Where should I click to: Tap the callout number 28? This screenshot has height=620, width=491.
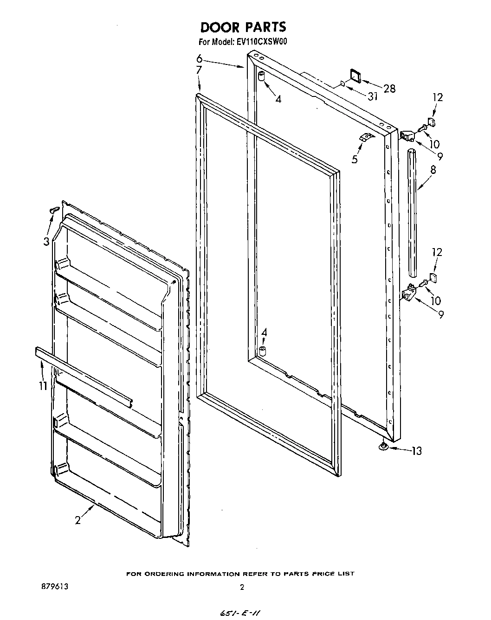(389, 88)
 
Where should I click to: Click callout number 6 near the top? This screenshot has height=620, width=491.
(199, 58)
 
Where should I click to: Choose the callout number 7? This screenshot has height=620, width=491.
(199, 70)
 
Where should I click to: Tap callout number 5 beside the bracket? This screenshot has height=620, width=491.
(355, 159)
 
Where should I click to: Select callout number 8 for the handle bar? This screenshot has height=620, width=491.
(433, 170)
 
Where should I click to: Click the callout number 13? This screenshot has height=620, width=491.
(416, 450)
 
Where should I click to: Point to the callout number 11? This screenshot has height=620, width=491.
(43, 385)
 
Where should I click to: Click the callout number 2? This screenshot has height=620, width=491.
(78, 520)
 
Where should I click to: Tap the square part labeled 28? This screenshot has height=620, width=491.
(356, 75)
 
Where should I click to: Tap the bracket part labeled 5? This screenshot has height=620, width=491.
(366, 137)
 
